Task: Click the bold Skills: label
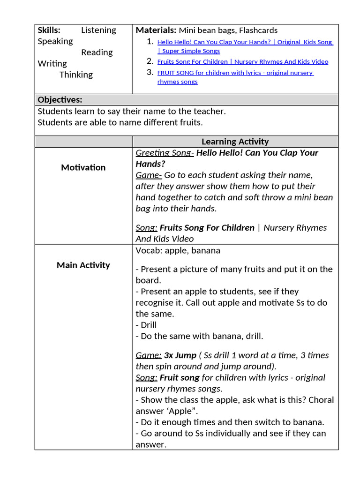pos(49,30)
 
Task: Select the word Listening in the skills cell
pos(98,30)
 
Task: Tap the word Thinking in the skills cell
pos(76,75)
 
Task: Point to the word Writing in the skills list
pos(52,63)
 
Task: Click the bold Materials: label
pos(156,30)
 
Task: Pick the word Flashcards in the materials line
pos(258,30)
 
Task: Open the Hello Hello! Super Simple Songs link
pos(245,42)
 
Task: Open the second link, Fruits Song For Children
pos(242,61)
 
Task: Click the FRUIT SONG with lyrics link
pos(235,73)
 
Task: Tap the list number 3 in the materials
pos(150,72)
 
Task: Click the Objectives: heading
pos(60,99)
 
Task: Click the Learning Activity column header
pos(235,141)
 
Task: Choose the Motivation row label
pos(83,167)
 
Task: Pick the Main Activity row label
pos(83,265)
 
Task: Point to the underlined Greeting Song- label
pos(165,153)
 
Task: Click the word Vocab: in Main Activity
pos(148,250)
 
